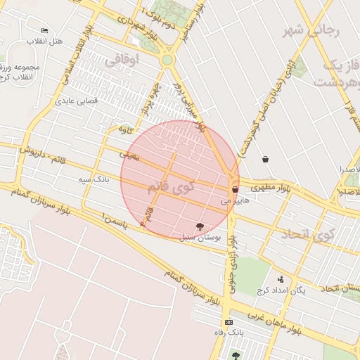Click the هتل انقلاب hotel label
click(45, 41)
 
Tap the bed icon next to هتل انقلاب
click(45, 31)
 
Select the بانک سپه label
click(94, 180)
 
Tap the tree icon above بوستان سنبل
click(200, 226)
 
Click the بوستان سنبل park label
click(200, 238)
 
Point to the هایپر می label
click(236, 200)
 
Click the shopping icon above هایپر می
click(235, 189)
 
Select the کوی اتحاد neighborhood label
click(304, 236)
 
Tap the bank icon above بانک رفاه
click(229, 321)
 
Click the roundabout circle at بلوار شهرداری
click(167, 60)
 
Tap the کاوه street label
click(126, 129)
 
